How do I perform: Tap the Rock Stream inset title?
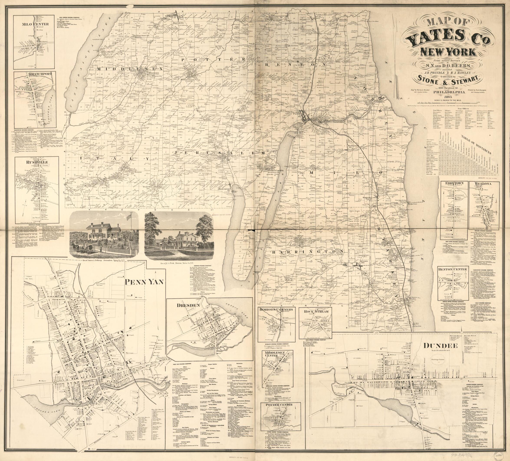[x=315, y=311]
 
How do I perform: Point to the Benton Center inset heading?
[x=453, y=269]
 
